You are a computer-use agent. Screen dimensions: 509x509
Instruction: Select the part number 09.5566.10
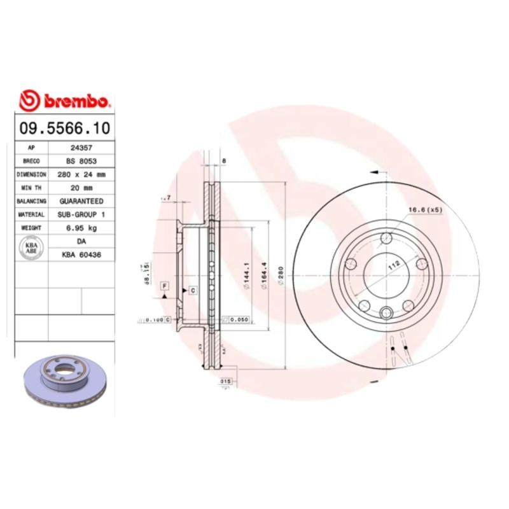click(64, 128)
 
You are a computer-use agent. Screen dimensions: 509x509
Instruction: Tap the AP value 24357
click(81, 147)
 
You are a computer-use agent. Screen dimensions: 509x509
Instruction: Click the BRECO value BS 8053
click(81, 160)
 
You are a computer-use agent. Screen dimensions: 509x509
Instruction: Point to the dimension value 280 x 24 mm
click(81, 174)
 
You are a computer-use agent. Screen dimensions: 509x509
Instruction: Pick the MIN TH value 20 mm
click(81, 187)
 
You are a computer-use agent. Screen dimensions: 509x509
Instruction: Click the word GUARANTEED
click(81, 200)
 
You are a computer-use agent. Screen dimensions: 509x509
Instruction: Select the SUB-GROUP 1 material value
click(81, 214)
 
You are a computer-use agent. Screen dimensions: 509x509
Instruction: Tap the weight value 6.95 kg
click(81, 228)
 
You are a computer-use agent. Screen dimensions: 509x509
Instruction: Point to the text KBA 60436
click(81, 254)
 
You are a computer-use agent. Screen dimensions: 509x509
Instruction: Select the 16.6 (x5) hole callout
click(424, 209)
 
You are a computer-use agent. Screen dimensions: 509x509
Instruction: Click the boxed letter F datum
click(164, 285)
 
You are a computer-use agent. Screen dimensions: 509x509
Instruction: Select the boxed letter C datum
click(192, 290)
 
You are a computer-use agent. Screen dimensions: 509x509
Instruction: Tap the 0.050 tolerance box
click(238, 319)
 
